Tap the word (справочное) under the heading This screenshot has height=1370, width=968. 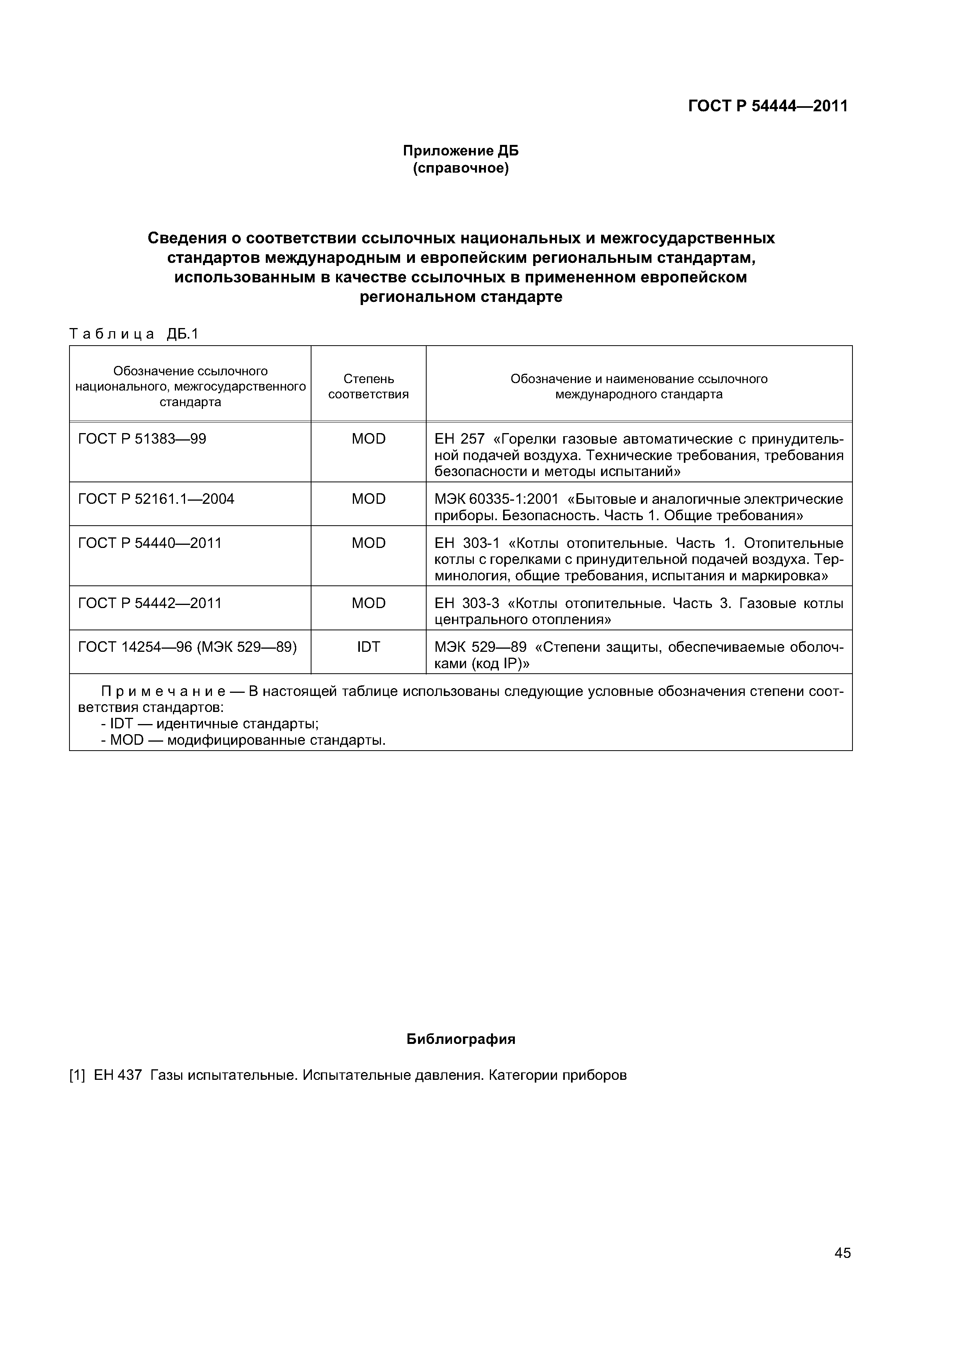coord(461,169)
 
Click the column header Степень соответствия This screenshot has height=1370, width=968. coord(368,386)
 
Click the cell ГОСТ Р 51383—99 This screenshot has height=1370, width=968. coord(142,439)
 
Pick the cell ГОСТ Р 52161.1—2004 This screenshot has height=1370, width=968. coord(156,499)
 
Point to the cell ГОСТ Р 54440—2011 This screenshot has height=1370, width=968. coord(150,543)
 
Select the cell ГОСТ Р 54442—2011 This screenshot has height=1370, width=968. coord(150,603)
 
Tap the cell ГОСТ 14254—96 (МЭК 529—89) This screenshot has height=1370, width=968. coord(187,647)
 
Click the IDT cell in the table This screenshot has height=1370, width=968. coord(368,647)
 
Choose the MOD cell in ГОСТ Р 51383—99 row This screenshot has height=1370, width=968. coord(368,439)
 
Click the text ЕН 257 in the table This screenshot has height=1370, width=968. coord(459,440)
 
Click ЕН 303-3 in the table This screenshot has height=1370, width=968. coord(466,603)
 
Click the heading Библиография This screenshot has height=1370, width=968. coord(461,1039)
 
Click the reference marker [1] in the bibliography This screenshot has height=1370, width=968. coord(78,1075)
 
